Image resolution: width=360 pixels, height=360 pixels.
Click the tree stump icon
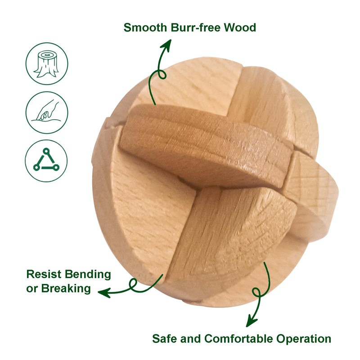point(47,63)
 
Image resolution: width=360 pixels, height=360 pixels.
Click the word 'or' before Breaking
point(32,288)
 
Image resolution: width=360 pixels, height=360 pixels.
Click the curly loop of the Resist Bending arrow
point(133,284)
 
